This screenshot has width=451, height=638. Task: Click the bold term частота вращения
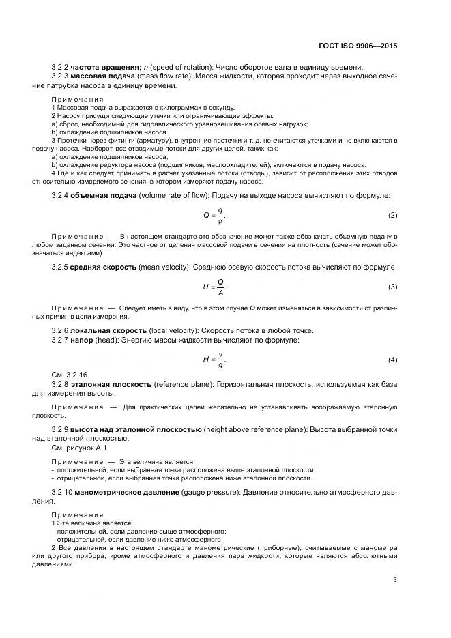pyautogui.click(x=105, y=66)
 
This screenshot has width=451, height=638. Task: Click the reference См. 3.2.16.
pyautogui.click(x=71, y=375)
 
